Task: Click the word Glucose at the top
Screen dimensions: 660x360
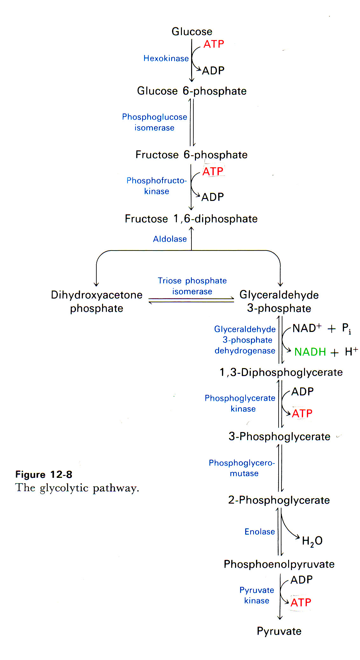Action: (192, 31)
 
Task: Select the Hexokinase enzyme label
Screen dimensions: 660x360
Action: (166, 58)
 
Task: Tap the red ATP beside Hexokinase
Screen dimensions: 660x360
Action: (214, 44)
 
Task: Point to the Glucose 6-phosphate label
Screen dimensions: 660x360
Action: (192, 91)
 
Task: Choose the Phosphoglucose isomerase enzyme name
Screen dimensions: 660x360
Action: (155, 122)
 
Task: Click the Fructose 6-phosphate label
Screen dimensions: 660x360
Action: (191, 155)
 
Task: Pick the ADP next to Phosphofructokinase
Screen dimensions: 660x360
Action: (212, 197)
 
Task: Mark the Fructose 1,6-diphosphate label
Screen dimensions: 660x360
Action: (191, 219)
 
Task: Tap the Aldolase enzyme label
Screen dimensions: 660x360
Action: (170, 239)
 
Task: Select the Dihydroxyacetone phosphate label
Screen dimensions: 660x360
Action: (97, 301)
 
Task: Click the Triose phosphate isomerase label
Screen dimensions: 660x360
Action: (192, 286)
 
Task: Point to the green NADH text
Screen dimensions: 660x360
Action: (310, 352)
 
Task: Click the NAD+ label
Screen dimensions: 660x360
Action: (307, 328)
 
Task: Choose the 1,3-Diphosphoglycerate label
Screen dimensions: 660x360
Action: (281, 372)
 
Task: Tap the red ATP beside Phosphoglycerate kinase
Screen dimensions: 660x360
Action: (302, 414)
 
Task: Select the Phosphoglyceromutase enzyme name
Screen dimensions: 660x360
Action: (242, 468)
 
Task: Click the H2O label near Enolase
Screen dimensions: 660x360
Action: (312, 541)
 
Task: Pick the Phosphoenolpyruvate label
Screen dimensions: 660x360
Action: (279, 564)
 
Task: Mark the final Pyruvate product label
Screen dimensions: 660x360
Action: (279, 631)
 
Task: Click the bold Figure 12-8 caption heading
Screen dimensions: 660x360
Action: (44, 475)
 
